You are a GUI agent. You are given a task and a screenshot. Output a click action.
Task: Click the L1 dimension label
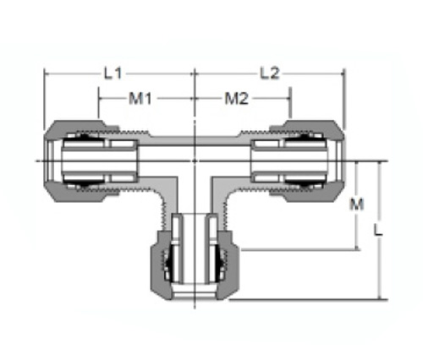[x=113, y=74]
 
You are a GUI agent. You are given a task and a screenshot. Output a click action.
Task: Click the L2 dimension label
[x=270, y=74]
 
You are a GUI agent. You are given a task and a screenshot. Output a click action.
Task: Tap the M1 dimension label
[x=140, y=99]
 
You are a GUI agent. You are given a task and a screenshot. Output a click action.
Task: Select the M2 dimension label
[x=236, y=99]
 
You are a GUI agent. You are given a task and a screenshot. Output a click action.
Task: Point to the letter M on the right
[x=357, y=205]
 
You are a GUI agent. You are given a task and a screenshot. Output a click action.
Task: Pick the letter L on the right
[x=378, y=230]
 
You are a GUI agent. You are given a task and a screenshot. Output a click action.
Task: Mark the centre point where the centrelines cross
[x=195, y=161]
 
